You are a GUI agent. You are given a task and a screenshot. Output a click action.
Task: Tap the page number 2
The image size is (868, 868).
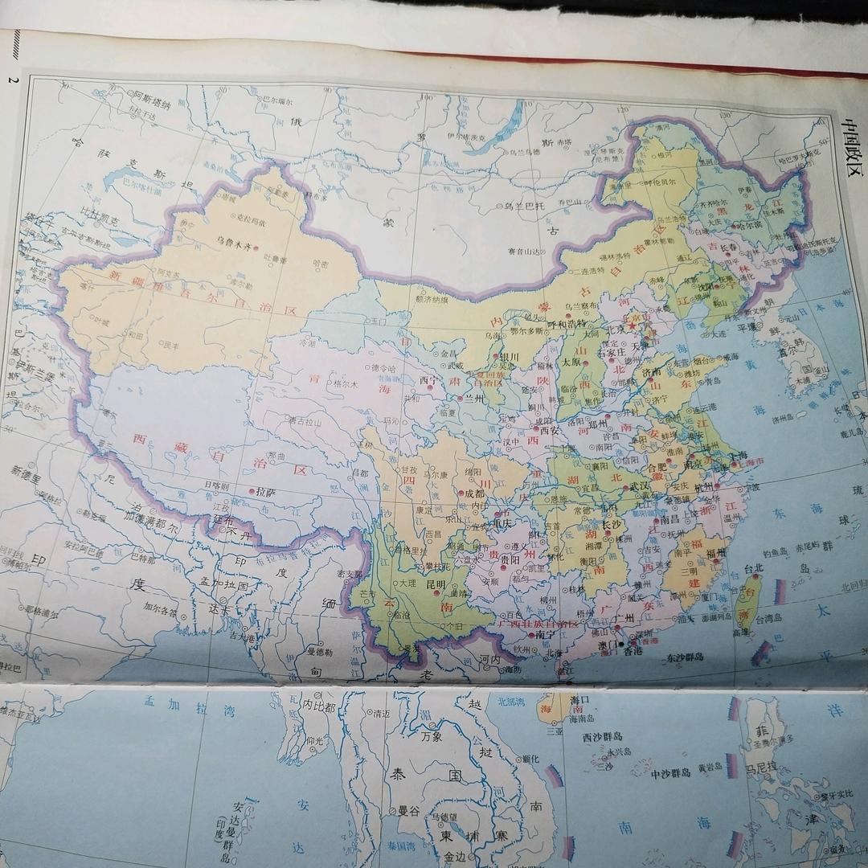[x=11, y=80]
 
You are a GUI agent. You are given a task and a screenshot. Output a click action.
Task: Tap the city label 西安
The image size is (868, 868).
[x=549, y=430]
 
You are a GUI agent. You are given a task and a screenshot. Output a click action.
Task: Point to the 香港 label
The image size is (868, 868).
[x=633, y=651]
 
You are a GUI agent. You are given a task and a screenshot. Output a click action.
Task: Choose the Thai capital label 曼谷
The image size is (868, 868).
[x=410, y=811]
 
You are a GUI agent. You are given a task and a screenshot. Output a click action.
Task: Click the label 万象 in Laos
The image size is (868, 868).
[x=431, y=736]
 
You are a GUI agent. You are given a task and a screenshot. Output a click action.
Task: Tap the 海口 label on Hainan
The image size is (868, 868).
[x=580, y=700]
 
